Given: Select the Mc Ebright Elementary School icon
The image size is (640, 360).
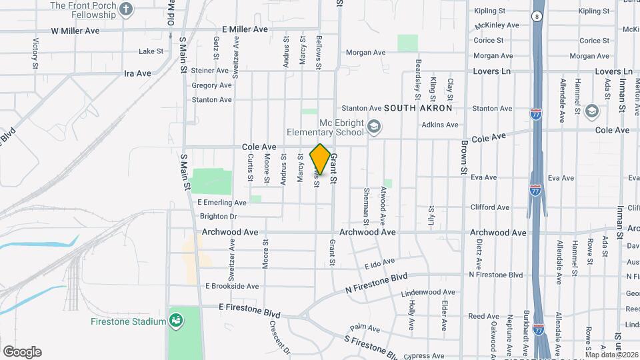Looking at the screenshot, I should [374, 126].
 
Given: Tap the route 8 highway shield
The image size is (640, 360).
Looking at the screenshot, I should [536, 16].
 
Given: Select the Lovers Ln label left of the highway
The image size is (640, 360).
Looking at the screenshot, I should [491, 71].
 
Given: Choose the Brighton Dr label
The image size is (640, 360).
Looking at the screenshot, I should [218, 217].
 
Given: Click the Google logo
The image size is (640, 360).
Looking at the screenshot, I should [22, 351].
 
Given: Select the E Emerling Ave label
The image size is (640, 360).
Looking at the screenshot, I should [222, 203].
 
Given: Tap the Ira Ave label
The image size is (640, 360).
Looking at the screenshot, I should [137, 73].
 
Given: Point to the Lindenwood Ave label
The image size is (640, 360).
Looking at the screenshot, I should [429, 292].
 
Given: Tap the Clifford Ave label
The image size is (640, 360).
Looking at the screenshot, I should [491, 207].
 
